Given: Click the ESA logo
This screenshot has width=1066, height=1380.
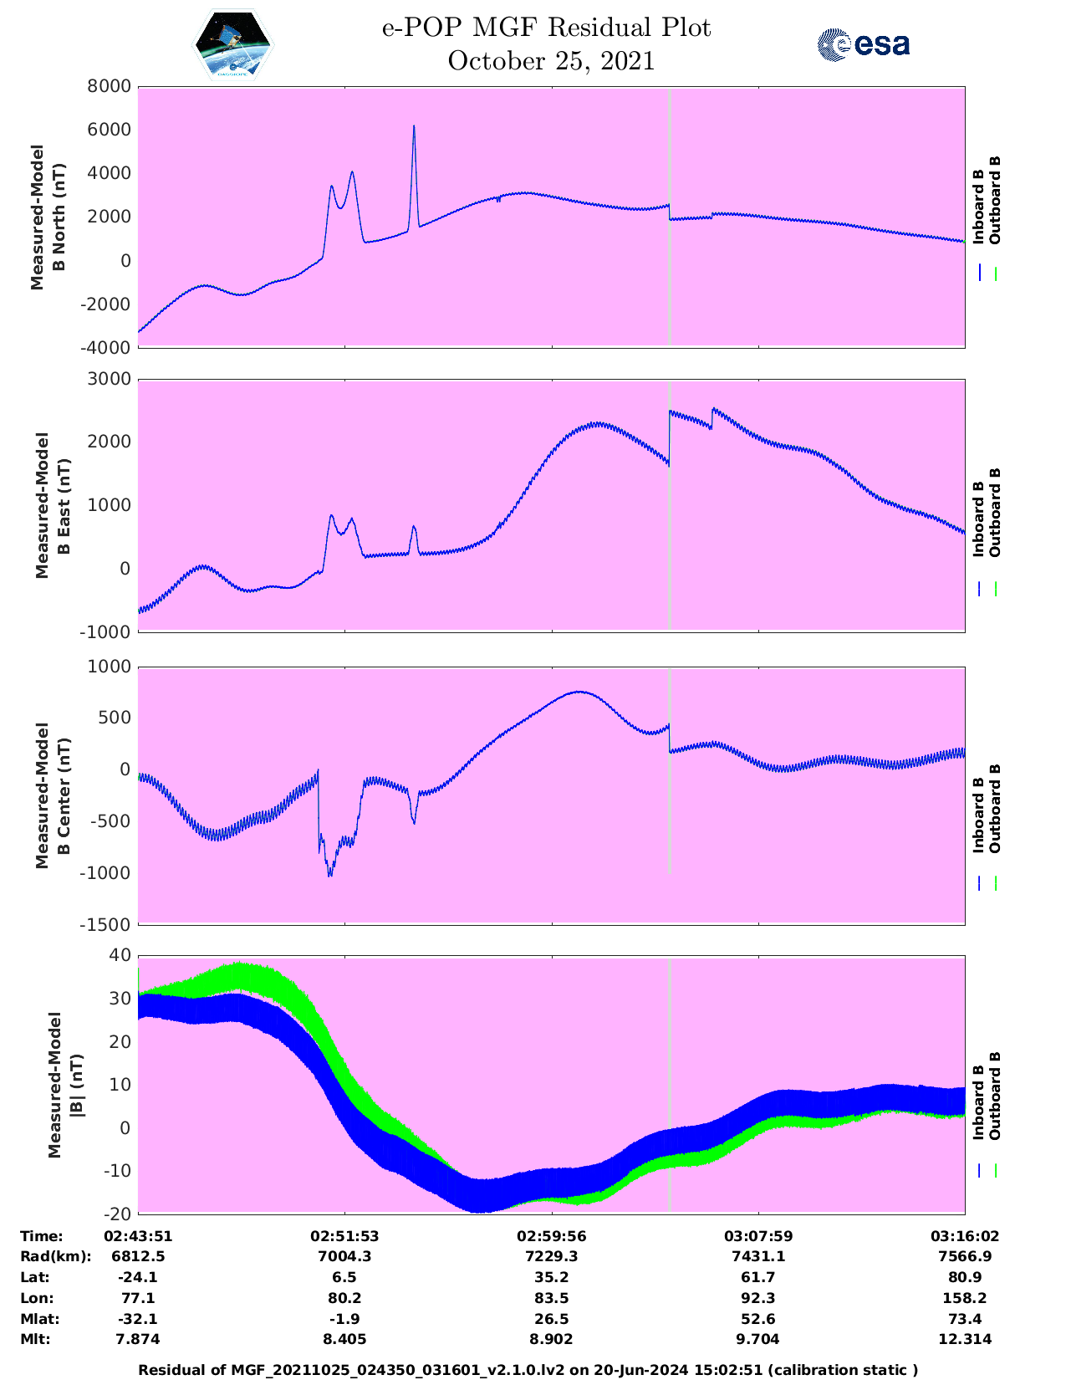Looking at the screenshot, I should (864, 44).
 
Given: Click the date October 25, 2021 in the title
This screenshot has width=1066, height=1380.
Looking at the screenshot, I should (551, 61).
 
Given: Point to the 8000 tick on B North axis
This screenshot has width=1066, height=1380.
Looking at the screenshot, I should (111, 86).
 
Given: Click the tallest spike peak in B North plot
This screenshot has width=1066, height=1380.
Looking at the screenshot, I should (414, 126).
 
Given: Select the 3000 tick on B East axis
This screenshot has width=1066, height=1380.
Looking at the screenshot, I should (111, 380).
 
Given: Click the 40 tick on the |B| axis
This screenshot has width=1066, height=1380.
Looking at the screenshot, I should (120, 955).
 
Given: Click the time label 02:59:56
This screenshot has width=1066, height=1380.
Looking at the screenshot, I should (551, 1236).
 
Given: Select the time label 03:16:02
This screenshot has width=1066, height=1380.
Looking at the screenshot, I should (964, 1236).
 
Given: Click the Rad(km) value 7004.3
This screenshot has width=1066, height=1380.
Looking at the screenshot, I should (344, 1256).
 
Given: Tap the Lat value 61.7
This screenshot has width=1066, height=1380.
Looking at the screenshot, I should (758, 1277).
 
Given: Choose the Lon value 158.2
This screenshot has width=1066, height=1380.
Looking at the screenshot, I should (964, 1298).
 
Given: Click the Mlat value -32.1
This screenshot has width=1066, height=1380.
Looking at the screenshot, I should (138, 1319).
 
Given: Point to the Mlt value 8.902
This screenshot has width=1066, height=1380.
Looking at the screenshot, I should (551, 1339).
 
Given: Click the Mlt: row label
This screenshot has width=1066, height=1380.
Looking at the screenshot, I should (35, 1339).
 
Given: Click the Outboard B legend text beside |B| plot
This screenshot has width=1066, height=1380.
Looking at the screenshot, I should (995, 1096).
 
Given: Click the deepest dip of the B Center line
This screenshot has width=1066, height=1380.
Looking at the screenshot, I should (330, 876).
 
